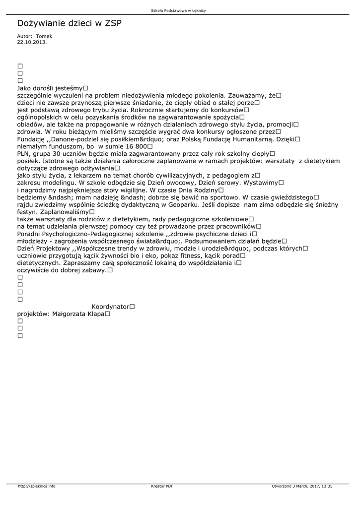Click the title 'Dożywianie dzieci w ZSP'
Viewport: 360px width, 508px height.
pos(69,23)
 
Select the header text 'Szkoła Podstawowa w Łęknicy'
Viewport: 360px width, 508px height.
pos(178,10)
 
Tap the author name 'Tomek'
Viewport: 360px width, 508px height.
pos(44,36)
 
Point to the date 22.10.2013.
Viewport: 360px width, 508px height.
pos(32,42)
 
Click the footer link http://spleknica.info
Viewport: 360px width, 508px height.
pos(36,486)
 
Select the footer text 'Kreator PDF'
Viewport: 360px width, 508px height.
pos(162,486)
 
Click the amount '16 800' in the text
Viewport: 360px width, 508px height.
pos(134,146)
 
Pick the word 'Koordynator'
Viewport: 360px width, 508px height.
pos(110,307)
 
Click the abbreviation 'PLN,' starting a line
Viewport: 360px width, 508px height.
pos(24,154)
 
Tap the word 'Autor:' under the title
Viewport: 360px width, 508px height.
pos(25,36)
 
